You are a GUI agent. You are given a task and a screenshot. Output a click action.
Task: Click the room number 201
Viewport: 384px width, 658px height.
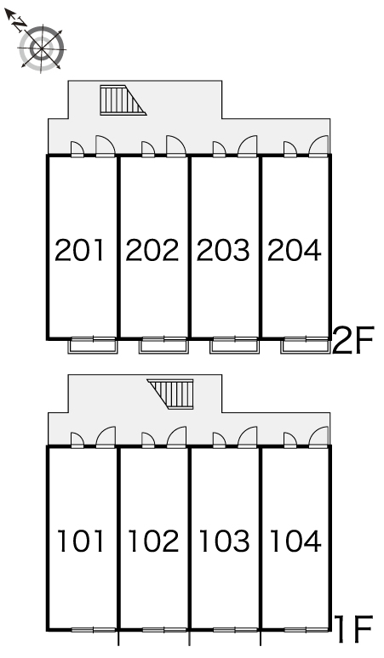coord(79,250)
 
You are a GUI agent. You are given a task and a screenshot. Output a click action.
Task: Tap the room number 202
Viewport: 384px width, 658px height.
coord(152,250)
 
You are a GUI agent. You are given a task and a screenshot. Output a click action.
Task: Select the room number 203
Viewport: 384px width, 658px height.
coord(223,250)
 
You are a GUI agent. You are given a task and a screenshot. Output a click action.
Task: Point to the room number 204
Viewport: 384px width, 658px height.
coord(294,250)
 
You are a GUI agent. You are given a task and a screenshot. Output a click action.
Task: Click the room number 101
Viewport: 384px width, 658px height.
coord(80,541)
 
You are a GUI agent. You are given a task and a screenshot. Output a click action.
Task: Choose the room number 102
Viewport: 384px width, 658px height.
coord(153,541)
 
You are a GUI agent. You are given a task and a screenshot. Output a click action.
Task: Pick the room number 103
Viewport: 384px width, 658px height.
coord(224,541)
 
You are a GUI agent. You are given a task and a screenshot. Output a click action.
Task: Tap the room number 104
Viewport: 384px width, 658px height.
coord(295,541)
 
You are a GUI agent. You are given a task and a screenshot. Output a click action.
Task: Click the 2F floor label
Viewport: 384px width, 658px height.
coord(352,341)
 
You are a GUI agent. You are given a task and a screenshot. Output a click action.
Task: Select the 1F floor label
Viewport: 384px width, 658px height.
coord(353,629)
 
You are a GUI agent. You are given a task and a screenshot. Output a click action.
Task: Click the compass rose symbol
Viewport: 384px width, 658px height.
coord(42,49)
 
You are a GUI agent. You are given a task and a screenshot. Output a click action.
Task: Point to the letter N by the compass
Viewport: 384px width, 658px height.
coord(20,26)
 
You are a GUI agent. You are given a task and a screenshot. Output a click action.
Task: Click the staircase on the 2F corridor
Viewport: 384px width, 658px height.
coord(123,99)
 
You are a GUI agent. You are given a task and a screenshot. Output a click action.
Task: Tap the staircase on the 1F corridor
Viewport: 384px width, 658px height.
coord(170,394)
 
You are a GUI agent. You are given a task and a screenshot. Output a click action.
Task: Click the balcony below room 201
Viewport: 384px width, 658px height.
coord(93,346)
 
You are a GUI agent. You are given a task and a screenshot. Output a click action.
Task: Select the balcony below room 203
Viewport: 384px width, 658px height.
coord(235,346)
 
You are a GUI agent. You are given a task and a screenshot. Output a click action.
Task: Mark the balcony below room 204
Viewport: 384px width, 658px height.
coord(306,346)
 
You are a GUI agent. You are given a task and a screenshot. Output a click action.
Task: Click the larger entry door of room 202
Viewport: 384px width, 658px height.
coord(176,146)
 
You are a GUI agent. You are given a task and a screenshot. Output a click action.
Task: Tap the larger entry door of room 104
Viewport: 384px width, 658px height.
coord(318,437)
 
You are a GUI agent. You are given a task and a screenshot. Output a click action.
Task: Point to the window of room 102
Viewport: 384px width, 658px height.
coord(163,629)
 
